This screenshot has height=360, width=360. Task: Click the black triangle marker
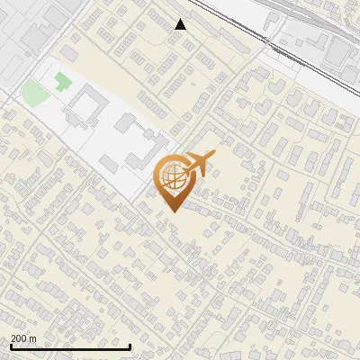pyautogui.click(x=181, y=24)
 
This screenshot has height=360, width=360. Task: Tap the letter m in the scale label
pyautogui.click(x=33, y=339)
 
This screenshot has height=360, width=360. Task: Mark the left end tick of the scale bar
pyautogui.click(x=10, y=346)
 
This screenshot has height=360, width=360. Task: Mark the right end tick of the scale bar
pyautogui.click(x=130, y=346)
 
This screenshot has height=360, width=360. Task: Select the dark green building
pyautogui.click(x=62, y=82)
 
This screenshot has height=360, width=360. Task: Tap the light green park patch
pyautogui.click(x=34, y=92)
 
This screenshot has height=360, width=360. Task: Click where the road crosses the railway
pyautogui.click(x=270, y=40)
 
